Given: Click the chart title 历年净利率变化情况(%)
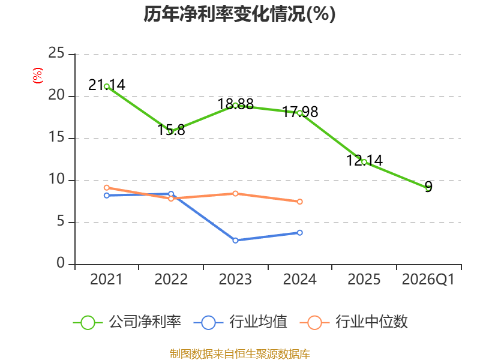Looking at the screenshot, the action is coord(239,14).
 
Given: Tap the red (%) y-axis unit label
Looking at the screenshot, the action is coord(38,76).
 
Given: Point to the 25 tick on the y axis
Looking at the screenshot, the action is coord(56,53).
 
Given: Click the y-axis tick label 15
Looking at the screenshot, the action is coord(56,137).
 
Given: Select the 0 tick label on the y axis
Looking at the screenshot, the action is coord(61,263).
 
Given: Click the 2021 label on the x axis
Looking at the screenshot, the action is coord(106,279).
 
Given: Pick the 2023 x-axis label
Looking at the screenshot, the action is coord(235,279).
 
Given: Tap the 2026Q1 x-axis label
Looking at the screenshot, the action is coord(428,279).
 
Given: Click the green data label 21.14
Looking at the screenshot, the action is coord(107,85).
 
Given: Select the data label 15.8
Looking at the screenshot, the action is coord(171,130).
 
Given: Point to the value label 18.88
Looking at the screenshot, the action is coord(235,104).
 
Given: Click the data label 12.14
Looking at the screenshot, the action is coord(364,160).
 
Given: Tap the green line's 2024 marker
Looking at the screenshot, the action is coord(299,113).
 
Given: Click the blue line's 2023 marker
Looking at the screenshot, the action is coord(235,241).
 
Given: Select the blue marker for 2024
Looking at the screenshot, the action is coord(299,233).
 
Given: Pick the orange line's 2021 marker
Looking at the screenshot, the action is coord(107,188).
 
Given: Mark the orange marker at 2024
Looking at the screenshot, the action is coord(299,202).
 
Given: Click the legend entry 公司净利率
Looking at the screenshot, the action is coord(127,322).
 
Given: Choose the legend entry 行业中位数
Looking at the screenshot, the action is coord(353,322).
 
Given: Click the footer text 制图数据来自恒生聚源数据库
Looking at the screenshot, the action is coord(239,354).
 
